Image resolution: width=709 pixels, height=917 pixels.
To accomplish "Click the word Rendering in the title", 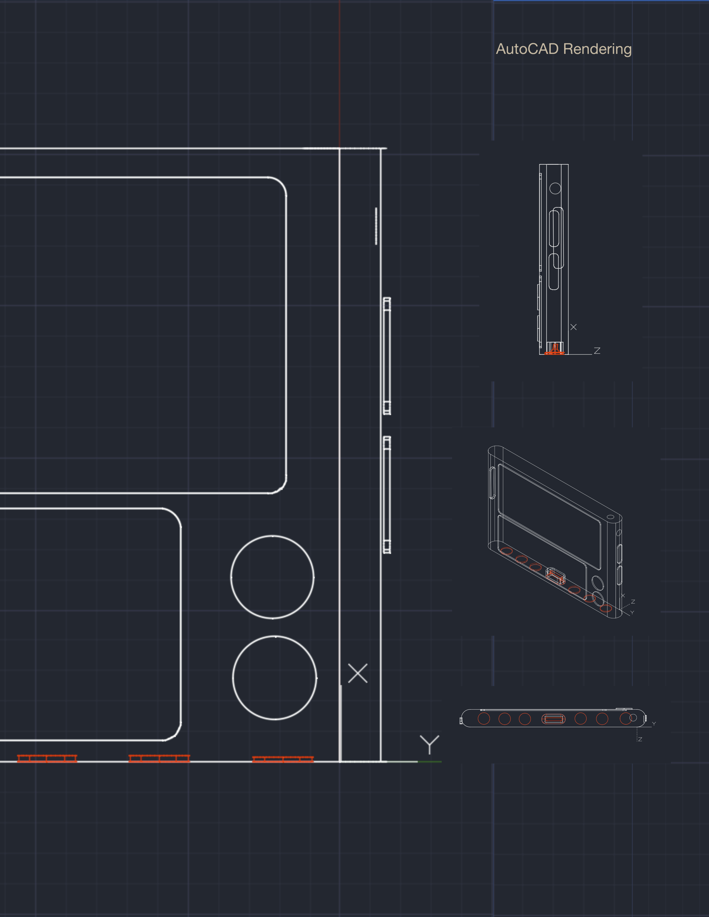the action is coord(597,49).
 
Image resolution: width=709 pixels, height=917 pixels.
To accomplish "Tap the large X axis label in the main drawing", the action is coord(358,673).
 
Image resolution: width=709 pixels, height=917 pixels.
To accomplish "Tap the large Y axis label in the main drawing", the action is coord(429,744).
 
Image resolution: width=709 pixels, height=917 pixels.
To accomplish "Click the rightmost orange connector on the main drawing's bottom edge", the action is coord(283,759).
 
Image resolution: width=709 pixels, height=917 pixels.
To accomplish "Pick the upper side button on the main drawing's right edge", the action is coord(387,356).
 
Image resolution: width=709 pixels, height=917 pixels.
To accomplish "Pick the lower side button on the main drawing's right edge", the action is coord(387,495).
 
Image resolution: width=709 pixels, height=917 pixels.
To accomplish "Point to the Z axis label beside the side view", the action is coord(597,351).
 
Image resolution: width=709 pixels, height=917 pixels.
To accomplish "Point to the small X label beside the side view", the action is coord(573,327).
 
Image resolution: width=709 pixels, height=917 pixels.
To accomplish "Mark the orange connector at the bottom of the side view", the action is coord(554,349).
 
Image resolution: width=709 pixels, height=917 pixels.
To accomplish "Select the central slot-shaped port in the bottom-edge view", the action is coord(554,719).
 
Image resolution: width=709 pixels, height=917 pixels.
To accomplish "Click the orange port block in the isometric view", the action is coord(555,576).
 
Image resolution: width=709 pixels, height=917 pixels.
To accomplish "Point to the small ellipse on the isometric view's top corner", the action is coord(611,517).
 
